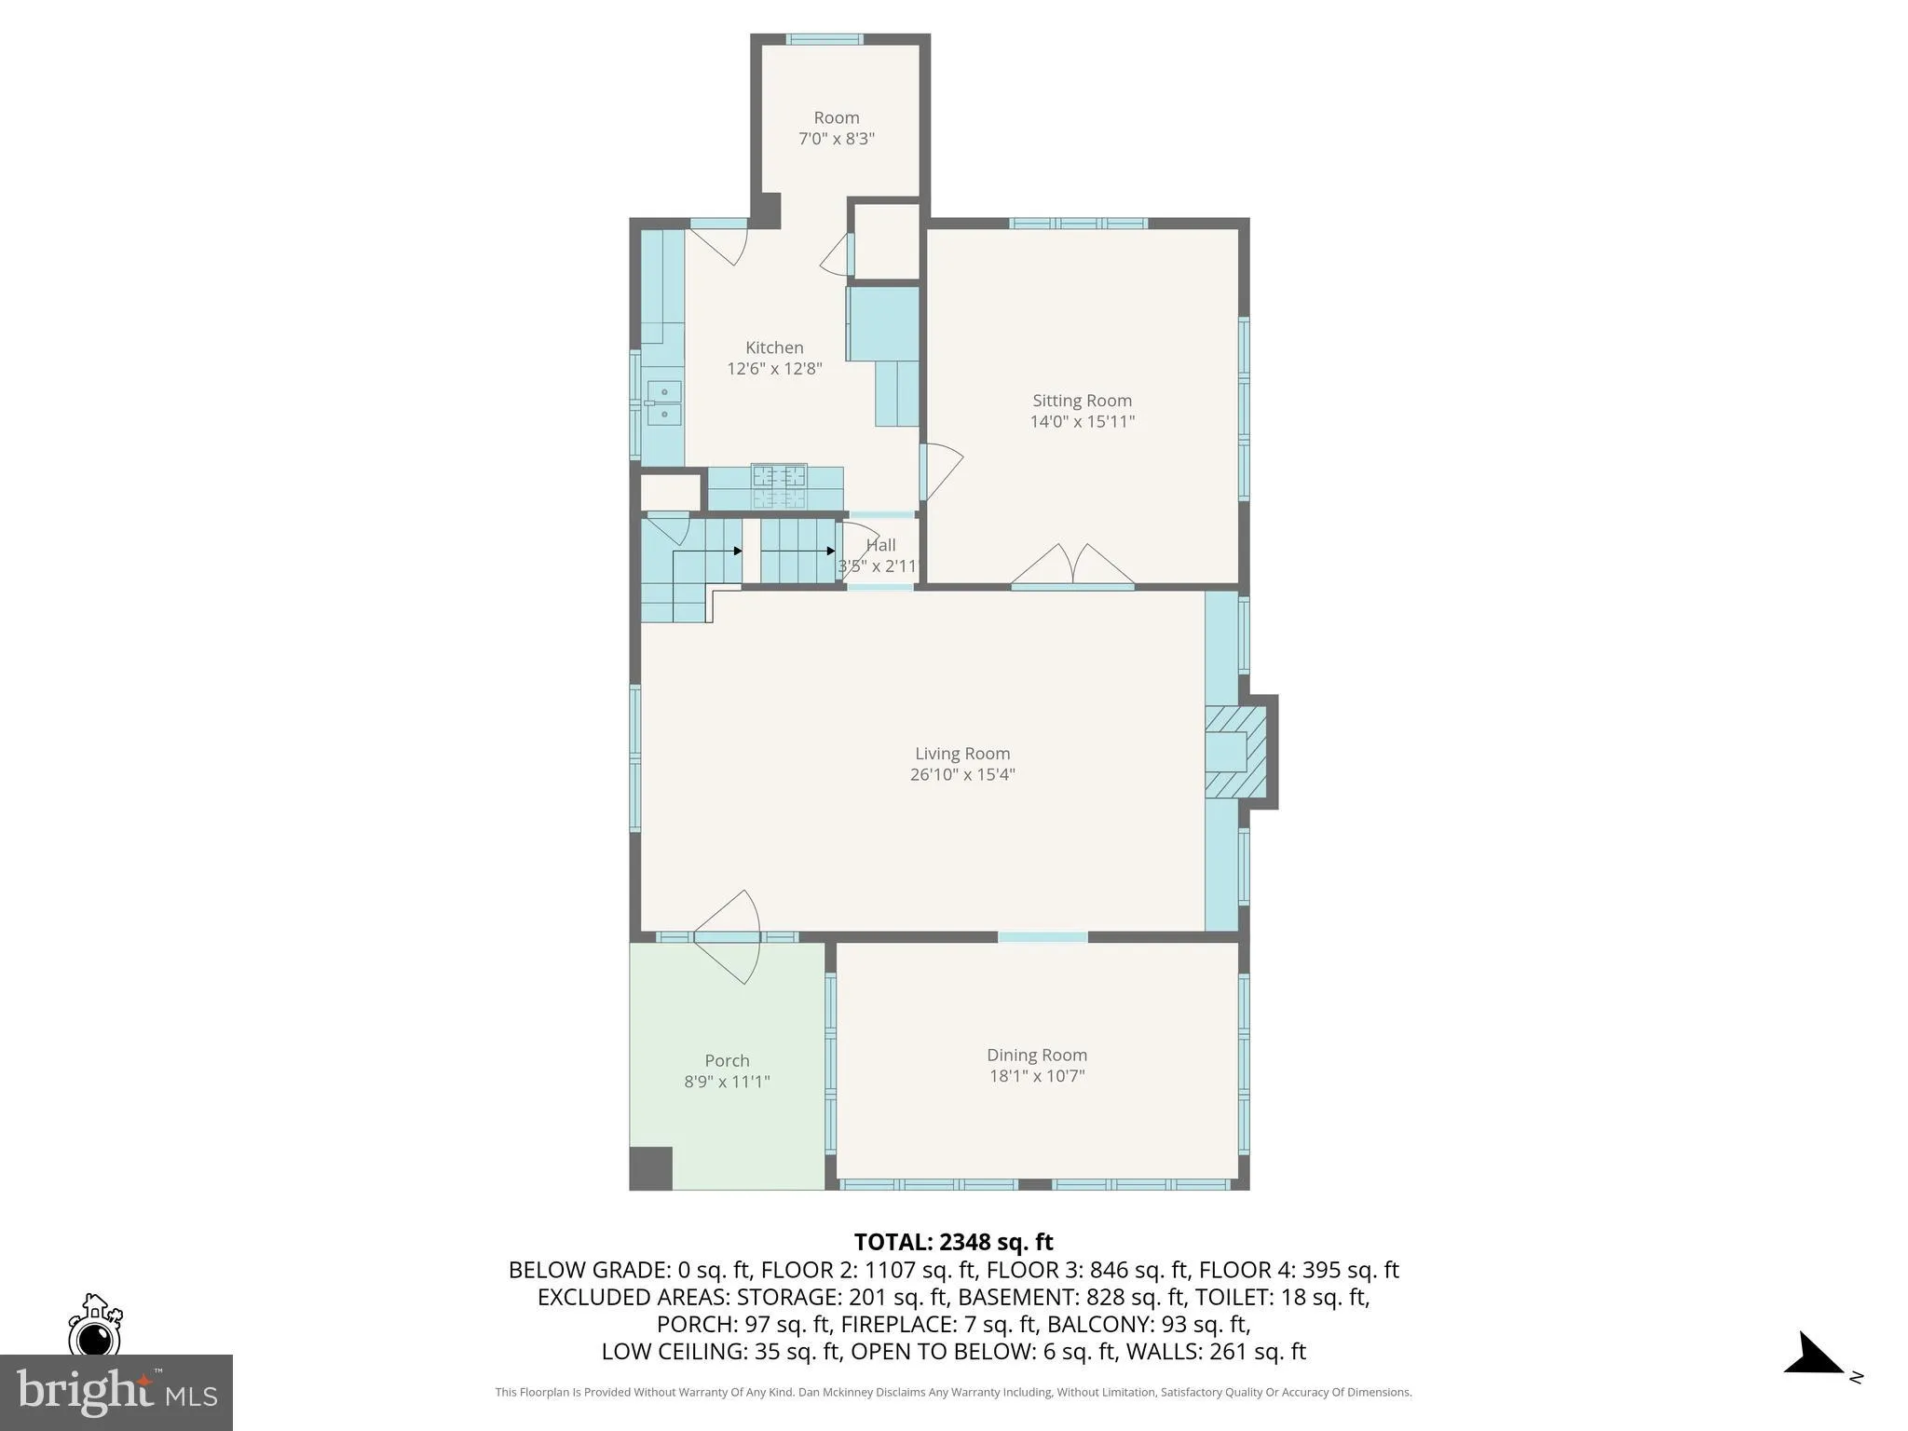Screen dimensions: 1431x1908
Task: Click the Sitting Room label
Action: tap(1082, 401)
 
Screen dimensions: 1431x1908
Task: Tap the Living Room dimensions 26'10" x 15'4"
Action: tap(961, 774)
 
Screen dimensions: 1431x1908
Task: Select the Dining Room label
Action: tap(1037, 1055)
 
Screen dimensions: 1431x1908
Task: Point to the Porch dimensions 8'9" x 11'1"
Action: tap(727, 1082)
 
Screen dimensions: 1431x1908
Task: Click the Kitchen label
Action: tap(774, 348)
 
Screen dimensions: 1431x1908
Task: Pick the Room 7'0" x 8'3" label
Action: tap(836, 118)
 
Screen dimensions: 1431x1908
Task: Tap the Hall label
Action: tap(880, 545)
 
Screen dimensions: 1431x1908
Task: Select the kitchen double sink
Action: tap(663, 402)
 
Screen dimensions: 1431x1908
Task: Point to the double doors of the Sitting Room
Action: tap(1072, 567)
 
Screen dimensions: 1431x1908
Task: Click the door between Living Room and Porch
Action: tap(728, 935)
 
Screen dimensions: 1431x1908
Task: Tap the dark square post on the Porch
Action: tap(651, 1168)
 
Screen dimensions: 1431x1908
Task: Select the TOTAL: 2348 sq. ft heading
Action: tap(953, 1242)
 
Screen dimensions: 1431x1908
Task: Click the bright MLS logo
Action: tap(116, 1392)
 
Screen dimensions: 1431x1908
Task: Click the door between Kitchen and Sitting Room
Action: tap(939, 471)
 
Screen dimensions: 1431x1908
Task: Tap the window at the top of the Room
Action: tap(824, 39)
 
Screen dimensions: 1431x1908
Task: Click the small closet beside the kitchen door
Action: tap(886, 240)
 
